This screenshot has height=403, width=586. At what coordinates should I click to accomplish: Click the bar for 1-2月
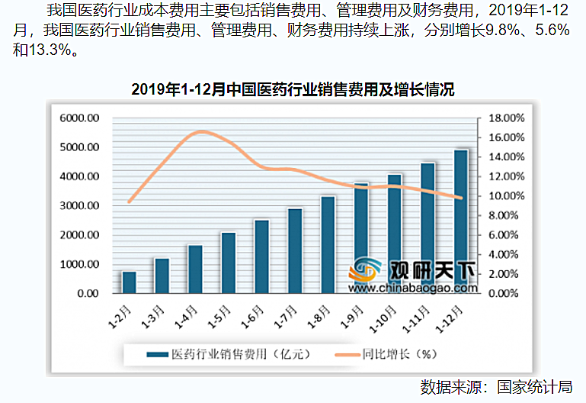click(x=129, y=282)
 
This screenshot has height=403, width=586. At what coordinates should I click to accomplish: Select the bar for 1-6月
click(x=261, y=256)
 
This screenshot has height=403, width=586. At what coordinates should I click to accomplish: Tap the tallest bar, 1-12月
click(x=461, y=221)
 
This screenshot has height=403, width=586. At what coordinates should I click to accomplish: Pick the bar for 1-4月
click(x=195, y=269)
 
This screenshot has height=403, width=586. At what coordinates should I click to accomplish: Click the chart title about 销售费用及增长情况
click(x=293, y=90)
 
